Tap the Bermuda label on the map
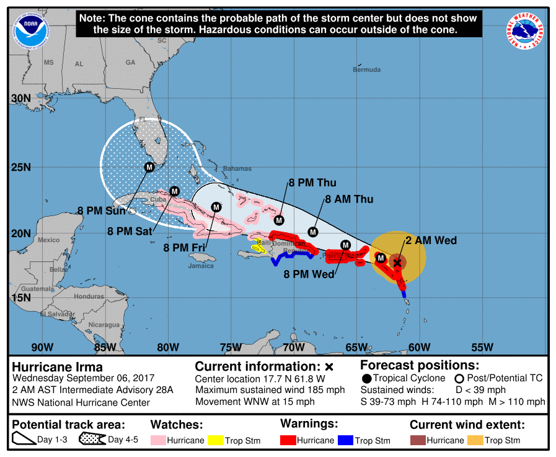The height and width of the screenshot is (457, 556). [366, 70]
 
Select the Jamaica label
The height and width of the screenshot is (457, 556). [201, 266]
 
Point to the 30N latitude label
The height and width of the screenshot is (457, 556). [21, 99]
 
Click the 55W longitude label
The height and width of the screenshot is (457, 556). [482, 346]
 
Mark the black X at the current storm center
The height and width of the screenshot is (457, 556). [397, 263]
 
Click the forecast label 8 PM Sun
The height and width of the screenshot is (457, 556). [102, 210]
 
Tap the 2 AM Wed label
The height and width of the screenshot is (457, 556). [431, 240]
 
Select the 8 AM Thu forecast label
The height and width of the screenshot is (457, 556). [350, 199]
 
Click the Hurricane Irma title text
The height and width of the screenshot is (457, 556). [58, 366]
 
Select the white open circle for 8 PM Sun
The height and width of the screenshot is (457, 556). [132, 211]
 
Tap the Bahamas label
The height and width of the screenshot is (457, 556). [237, 168]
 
